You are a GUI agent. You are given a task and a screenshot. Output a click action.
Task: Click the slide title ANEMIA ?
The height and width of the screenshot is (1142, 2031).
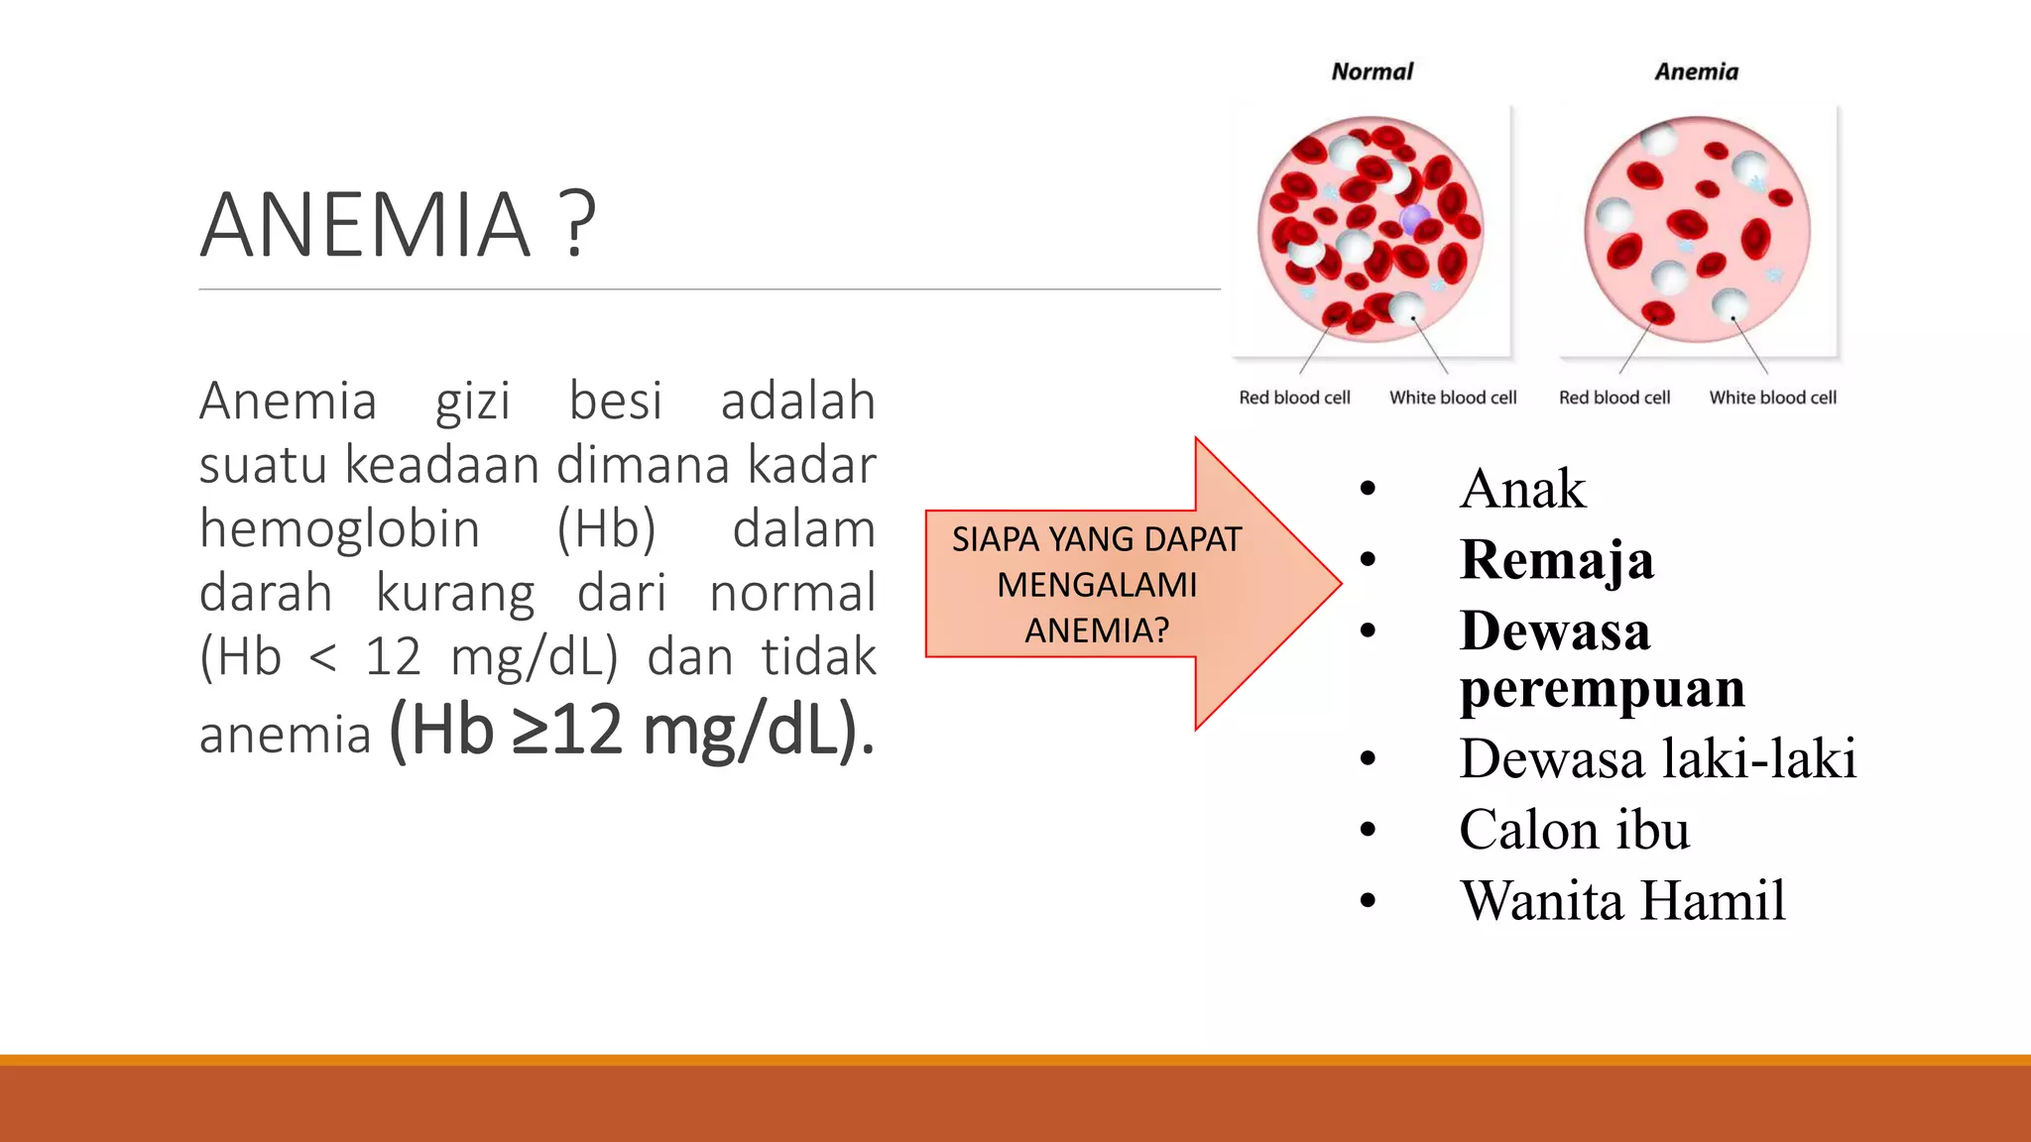(398, 225)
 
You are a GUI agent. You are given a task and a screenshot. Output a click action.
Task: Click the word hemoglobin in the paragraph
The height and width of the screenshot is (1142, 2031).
(339, 528)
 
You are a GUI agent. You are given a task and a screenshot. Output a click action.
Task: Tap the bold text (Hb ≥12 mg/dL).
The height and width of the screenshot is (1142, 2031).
(632, 731)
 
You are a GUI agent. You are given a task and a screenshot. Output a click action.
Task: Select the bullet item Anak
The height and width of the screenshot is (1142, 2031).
(1522, 489)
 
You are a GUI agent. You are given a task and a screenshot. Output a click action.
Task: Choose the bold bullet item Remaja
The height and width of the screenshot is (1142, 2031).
(1556, 560)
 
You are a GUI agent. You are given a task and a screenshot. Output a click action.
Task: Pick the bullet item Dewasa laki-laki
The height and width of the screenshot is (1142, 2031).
(1657, 759)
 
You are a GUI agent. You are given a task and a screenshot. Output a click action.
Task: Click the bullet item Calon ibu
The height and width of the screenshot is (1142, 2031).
(1574, 830)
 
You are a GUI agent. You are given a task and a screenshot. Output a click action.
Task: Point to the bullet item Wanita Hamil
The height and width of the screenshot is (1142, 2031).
(1622, 901)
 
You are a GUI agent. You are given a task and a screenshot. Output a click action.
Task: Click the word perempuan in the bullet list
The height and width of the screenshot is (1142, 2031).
(1602, 688)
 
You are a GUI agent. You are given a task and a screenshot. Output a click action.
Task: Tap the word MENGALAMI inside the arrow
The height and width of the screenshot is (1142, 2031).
(1097, 585)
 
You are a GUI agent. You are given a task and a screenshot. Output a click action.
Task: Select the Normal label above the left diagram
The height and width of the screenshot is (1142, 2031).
(1372, 71)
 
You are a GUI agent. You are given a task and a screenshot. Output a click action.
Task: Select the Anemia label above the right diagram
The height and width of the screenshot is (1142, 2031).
(1696, 71)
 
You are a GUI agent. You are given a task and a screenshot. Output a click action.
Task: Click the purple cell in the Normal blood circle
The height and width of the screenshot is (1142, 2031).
(1415, 220)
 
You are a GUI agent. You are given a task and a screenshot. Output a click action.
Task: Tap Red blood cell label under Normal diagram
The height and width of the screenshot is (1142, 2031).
(1294, 398)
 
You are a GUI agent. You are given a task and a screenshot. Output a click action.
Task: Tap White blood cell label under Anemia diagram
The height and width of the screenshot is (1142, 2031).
(1772, 398)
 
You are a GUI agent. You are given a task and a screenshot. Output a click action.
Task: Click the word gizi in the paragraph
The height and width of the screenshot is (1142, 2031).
(472, 401)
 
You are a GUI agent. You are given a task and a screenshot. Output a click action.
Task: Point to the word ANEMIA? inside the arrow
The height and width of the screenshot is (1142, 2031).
(1097, 630)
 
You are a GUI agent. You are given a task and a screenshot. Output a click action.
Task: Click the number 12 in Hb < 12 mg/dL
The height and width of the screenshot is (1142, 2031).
(393, 657)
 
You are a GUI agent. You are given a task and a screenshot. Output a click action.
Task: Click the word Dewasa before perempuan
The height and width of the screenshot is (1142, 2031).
(1554, 631)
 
